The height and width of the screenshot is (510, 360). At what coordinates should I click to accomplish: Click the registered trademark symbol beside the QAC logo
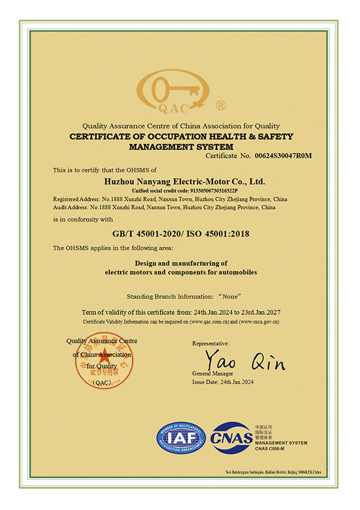[220, 105]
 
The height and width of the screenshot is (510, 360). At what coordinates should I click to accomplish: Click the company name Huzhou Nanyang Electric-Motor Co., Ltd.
[184, 181]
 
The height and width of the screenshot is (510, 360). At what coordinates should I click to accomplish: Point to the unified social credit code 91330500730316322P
[205, 190]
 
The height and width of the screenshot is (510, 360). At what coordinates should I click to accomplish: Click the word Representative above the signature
[210, 343]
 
